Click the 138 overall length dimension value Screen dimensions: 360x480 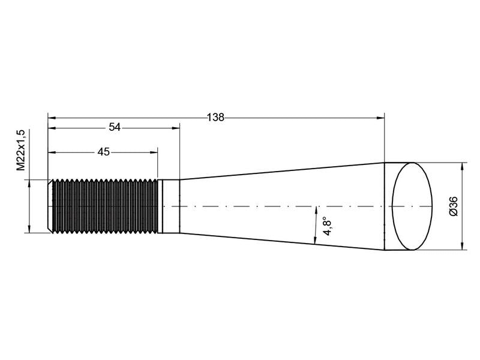[x=215, y=118]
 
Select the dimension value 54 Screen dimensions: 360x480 [x=115, y=127]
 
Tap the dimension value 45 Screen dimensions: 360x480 [x=103, y=152]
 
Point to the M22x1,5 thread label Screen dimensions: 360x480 [x=21, y=150]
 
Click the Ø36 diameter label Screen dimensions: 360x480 [x=454, y=206]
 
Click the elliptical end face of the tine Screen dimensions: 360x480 [x=412, y=206]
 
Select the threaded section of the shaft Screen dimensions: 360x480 [x=105, y=206]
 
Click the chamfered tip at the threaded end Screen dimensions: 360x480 [x=50, y=206]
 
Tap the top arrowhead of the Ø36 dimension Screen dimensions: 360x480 [x=461, y=166]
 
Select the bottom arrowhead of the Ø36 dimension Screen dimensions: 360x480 [x=461, y=247]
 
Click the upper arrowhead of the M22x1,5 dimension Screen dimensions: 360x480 [x=28, y=183]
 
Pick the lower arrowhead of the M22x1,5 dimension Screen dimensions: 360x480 [x=28, y=229]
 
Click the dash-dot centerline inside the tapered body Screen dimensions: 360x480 [x=270, y=206]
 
